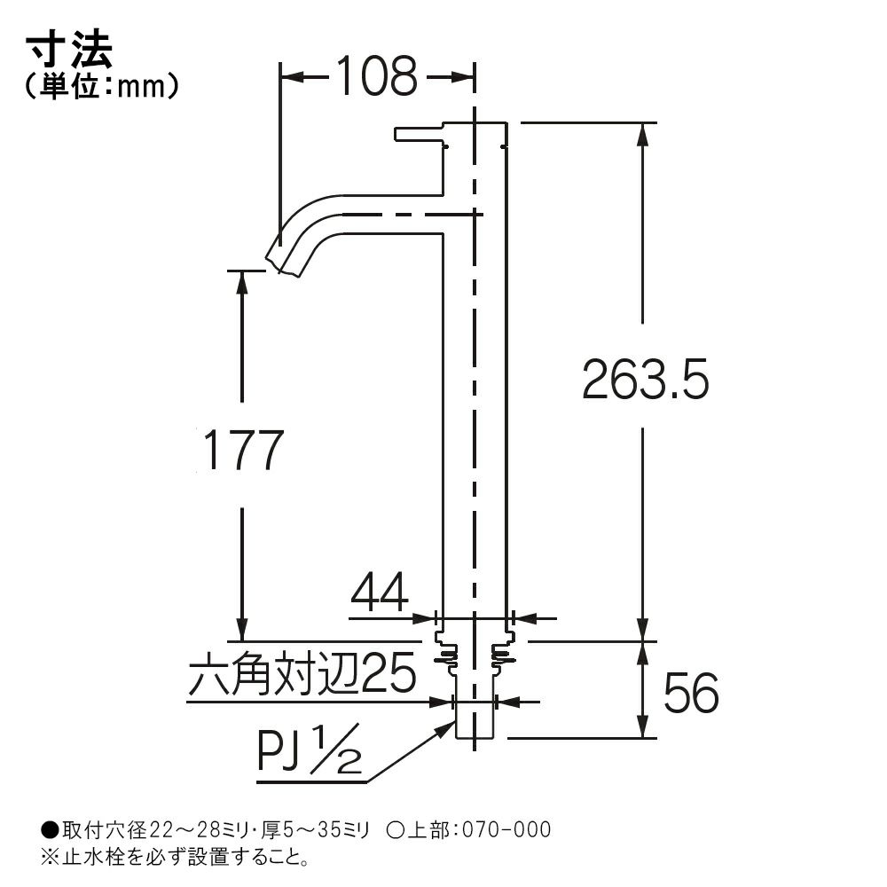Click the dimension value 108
tap(377, 75)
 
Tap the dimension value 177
tap(243, 451)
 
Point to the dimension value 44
tap(380, 593)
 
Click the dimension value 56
tap(691, 694)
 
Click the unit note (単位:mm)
tap(102, 87)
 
